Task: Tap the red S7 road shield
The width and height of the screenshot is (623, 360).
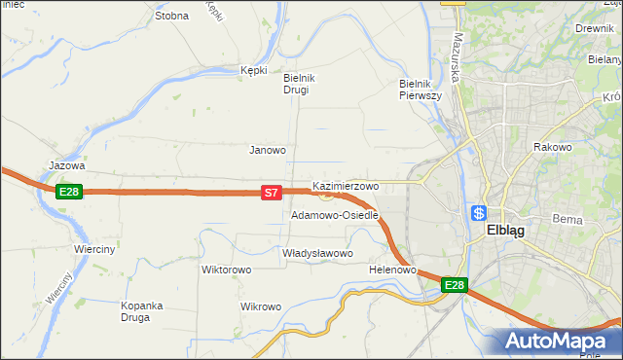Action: [272, 194]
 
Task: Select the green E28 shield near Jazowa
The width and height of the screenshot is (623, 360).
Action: [68, 192]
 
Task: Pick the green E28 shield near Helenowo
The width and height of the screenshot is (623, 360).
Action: [455, 285]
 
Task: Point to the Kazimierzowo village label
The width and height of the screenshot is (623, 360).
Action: [346, 185]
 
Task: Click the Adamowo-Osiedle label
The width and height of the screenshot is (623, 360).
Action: [334, 215]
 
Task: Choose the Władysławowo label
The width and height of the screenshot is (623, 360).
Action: [317, 253]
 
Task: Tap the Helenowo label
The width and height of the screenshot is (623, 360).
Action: [393, 270]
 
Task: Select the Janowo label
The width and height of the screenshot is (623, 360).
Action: [268, 151]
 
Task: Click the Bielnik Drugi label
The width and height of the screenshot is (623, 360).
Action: [296, 84]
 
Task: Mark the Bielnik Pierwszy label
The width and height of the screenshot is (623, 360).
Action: [421, 90]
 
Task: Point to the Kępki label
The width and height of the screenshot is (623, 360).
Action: [253, 70]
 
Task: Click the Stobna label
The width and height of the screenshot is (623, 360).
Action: [171, 17]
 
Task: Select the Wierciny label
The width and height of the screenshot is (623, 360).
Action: [94, 249]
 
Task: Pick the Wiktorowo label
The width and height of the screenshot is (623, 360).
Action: [226, 270]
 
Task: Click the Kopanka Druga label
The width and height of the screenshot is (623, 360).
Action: [144, 311]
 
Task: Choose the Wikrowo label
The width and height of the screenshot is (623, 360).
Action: [260, 306]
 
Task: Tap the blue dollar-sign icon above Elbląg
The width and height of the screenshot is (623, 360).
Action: [478, 213]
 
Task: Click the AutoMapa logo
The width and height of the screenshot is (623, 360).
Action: [558, 341]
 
